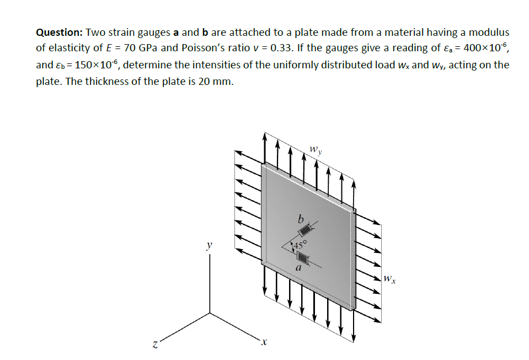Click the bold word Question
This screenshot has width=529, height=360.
click(x=59, y=33)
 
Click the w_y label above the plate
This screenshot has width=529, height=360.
click(x=315, y=149)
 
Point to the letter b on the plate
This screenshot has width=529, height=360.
click(x=301, y=219)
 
